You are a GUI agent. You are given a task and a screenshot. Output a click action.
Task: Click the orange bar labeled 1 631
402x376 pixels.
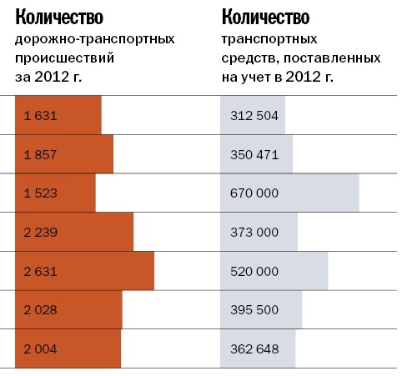click(58, 115)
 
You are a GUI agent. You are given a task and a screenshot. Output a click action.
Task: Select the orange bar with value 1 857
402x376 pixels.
click(64, 154)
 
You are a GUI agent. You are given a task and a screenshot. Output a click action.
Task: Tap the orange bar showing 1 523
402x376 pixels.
click(55, 193)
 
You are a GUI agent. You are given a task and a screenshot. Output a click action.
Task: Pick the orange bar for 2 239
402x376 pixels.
click(74, 232)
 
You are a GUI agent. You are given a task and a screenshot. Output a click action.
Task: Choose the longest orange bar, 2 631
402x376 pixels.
click(84, 271)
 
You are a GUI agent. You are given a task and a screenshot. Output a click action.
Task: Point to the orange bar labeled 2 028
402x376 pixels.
click(68, 309)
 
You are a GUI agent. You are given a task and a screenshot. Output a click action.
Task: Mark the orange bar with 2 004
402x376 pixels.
click(68, 348)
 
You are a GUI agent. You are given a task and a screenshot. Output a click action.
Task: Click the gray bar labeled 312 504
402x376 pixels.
click(253, 115)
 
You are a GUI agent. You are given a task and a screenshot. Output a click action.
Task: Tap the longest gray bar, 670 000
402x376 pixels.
click(289, 193)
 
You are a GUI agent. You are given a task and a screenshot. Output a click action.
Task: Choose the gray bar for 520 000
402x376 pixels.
click(274, 271)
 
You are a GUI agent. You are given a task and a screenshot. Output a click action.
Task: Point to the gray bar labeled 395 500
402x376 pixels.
click(261, 309)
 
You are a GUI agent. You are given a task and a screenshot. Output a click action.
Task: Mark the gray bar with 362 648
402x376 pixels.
click(258, 348)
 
